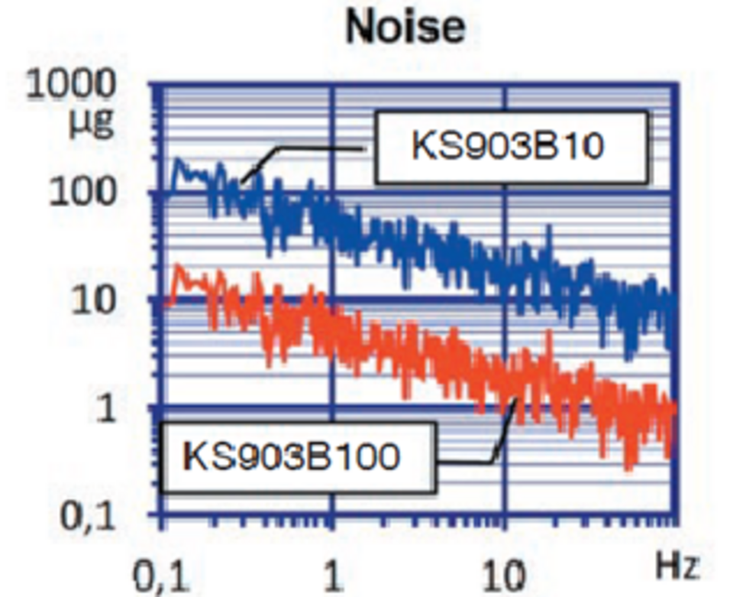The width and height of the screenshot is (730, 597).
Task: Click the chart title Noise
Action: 405,28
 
